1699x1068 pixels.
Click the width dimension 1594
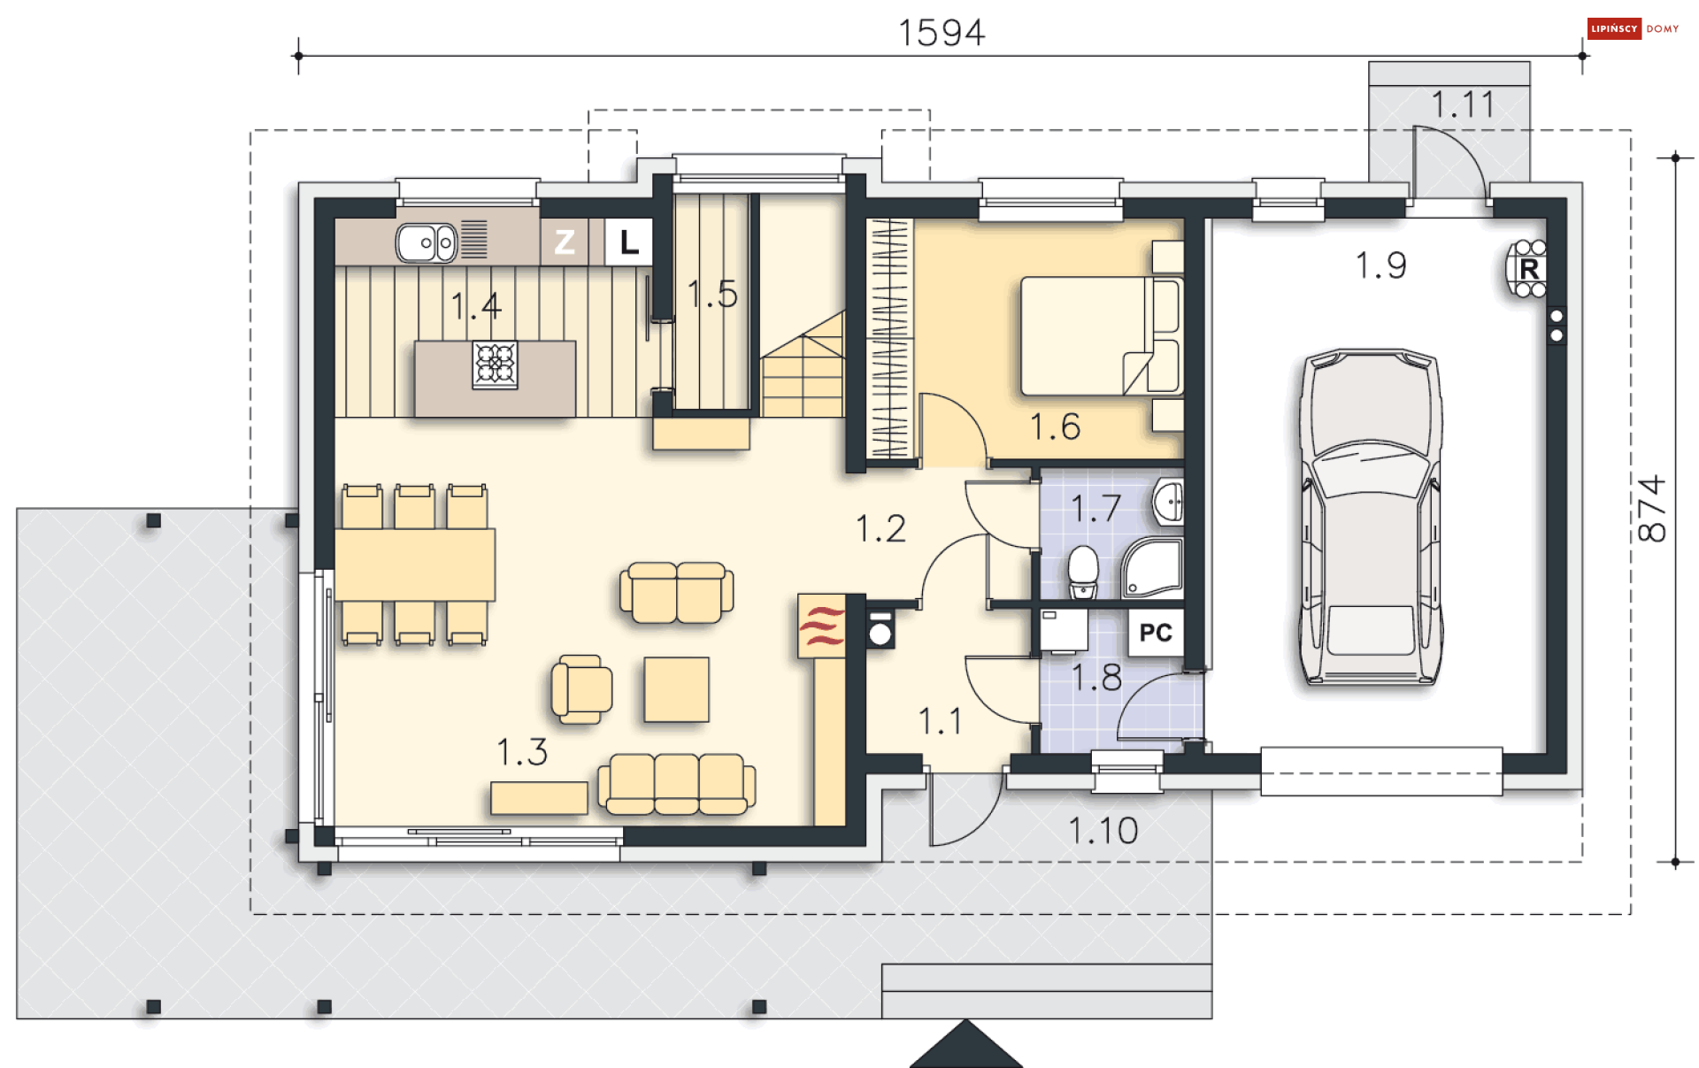pyautogui.click(x=942, y=33)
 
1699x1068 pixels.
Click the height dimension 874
pyautogui.click(x=1651, y=509)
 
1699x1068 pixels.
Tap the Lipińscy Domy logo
pyautogui.click(x=1634, y=28)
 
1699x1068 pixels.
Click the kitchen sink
pyautogui.click(x=427, y=242)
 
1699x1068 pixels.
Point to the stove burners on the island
pyautogui.click(x=496, y=365)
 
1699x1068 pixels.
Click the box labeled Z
pyautogui.click(x=565, y=242)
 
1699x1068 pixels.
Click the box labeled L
pyautogui.click(x=629, y=242)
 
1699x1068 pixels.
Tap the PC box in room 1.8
pyautogui.click(x=1156, y=633)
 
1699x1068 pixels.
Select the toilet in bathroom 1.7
pyautogui.click(x=1083, y=572)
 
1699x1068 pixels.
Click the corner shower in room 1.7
pyautogui.click(x=1153, y=568)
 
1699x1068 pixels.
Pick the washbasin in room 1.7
pyautogui.click(x=1169, y=503)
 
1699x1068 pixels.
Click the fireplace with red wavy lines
pyautogui.click(x=821, y=626)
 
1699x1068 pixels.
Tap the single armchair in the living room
pyautogui.click(x=581, y=688)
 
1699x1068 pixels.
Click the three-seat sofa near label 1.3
pyautogui.click(x=677, y=784)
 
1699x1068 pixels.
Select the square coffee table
pyautogui.click(x=677, y=689)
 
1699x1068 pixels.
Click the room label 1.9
pyautogui.click(x=1381, y=265)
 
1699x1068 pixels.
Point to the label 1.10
pyautogui.click(x=1103, y=830)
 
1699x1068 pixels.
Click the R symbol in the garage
pyautogui.click(x=1528, y=268)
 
